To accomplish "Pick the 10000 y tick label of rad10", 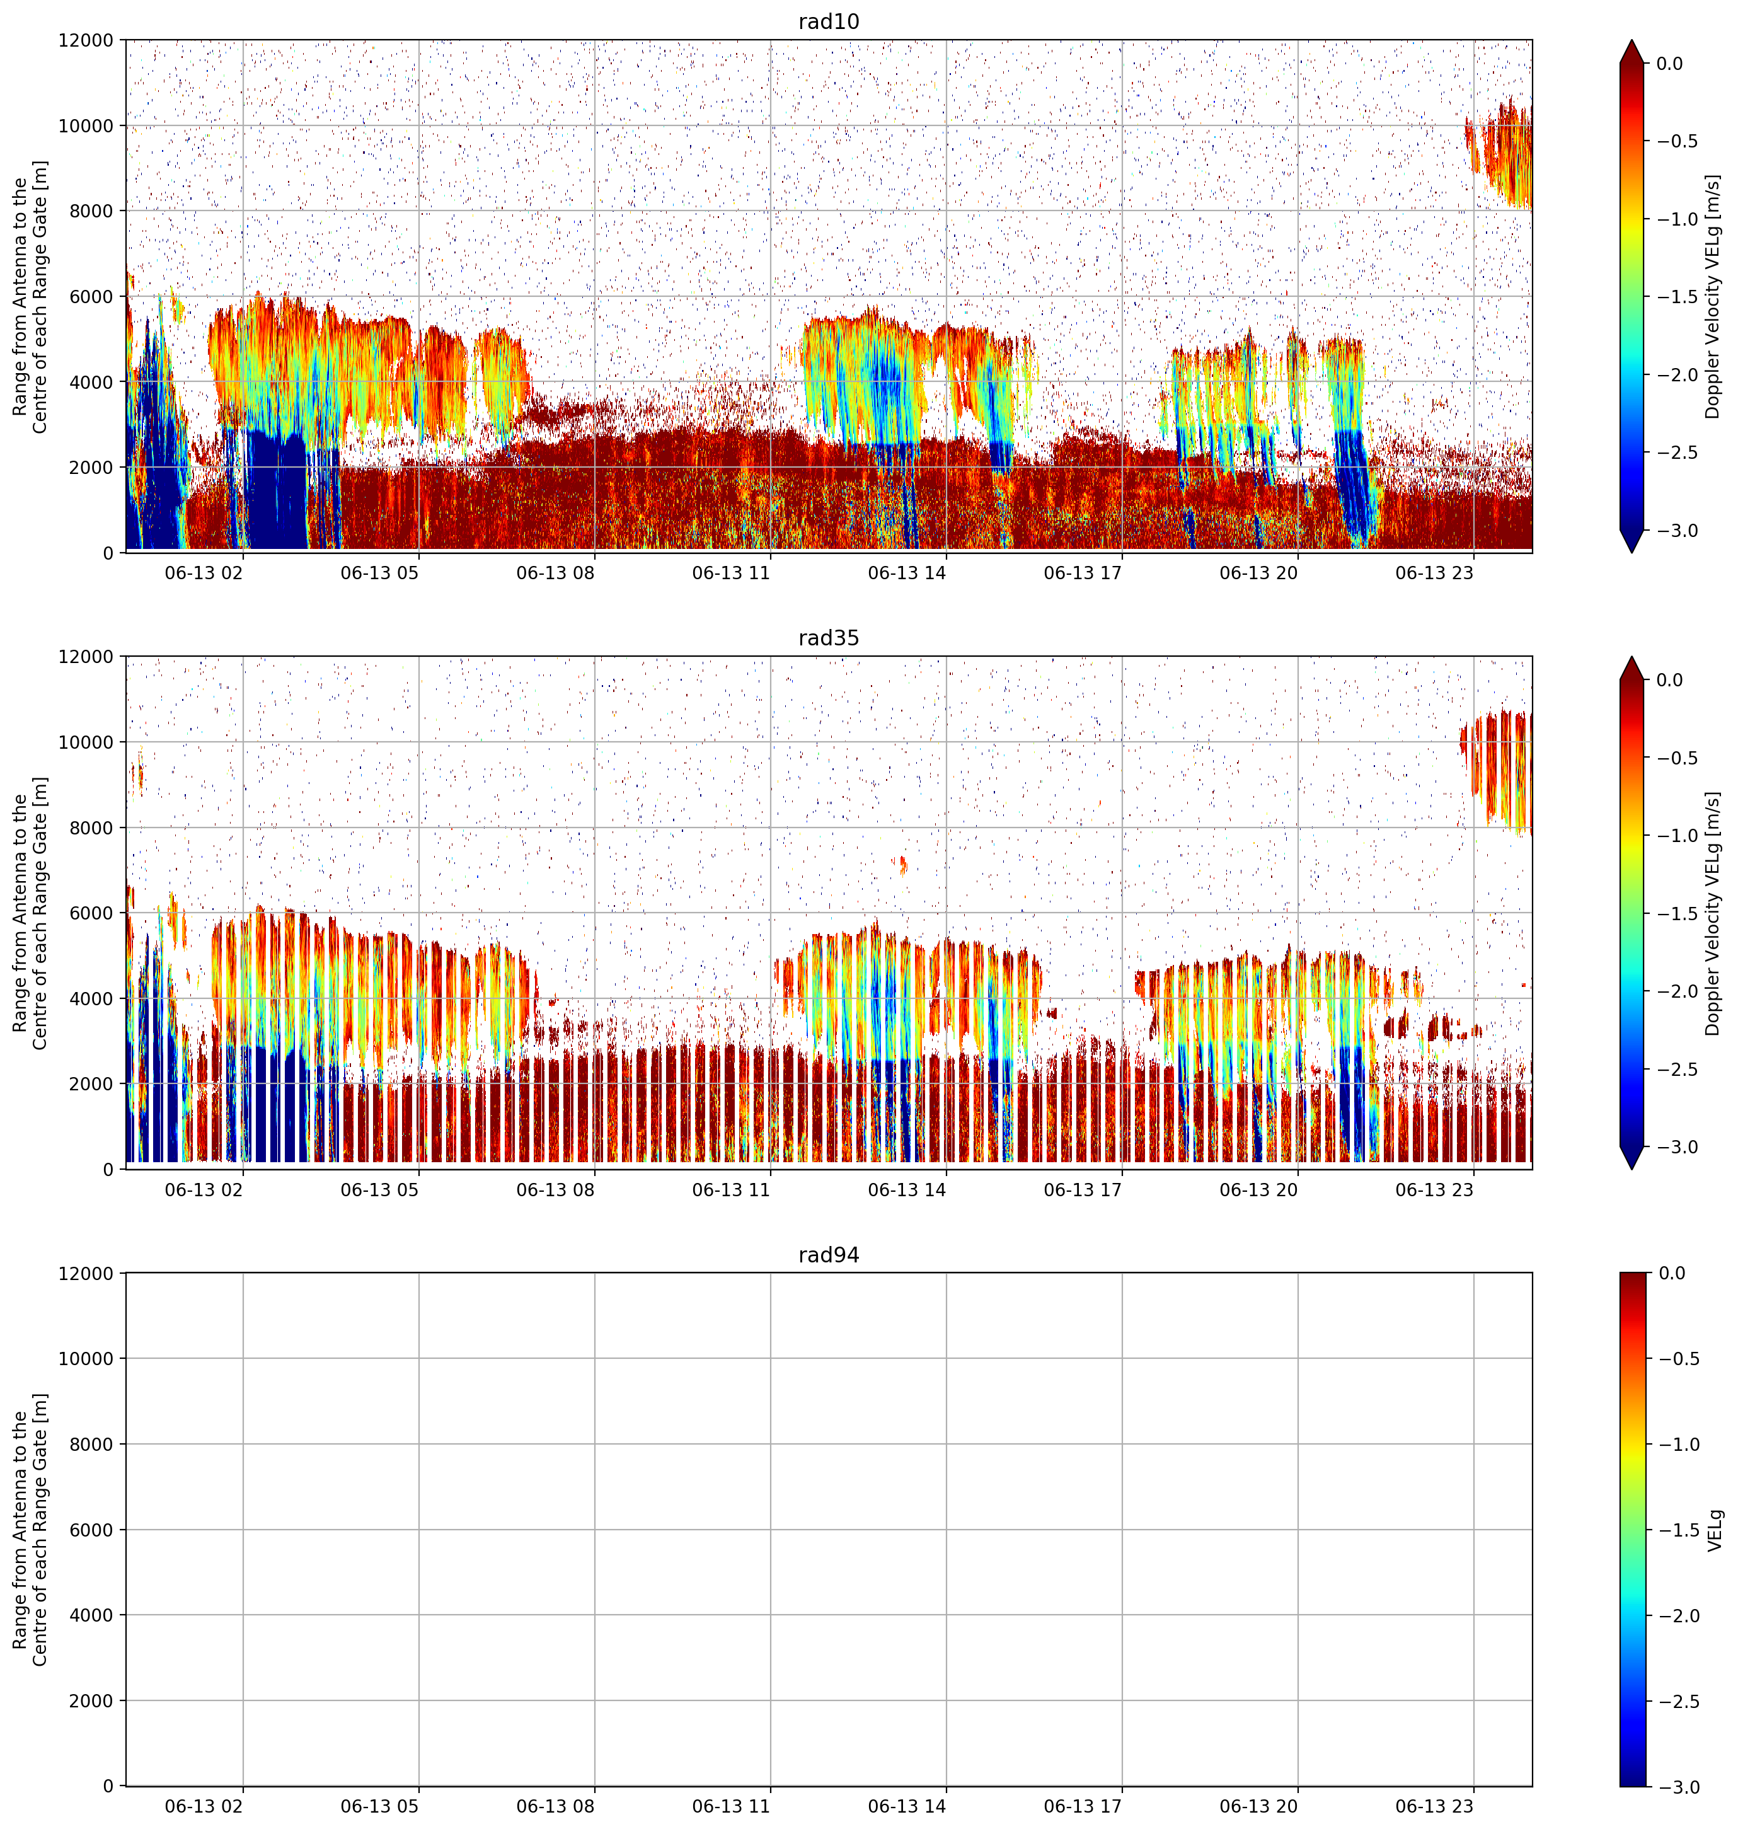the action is (x=85, y=126).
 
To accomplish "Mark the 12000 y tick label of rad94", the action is (x=85, y=1273).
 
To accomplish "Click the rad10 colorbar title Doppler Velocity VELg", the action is (x=1713, y=296).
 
